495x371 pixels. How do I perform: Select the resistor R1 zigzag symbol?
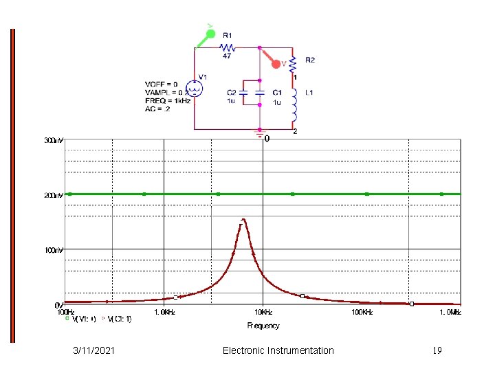[x=228, y=47]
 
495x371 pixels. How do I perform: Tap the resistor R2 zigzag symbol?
[x=294, y=65]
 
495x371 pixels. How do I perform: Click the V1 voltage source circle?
[x=195, y=89]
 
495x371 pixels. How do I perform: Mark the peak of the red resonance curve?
[x=243, y=219]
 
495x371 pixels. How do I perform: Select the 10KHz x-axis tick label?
[x=263, y=312]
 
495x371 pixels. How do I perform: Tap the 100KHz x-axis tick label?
[x=362, y=312]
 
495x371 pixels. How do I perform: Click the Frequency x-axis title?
[x=263, y=325]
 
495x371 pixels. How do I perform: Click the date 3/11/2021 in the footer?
[x=94, y=350]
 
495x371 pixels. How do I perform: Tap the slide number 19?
[x=437, y=350]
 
